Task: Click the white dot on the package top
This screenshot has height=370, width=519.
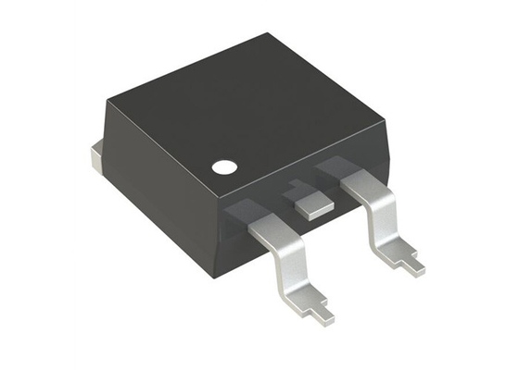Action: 223,167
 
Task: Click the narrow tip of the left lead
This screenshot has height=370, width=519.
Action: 321,313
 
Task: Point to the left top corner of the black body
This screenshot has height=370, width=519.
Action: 105,95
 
